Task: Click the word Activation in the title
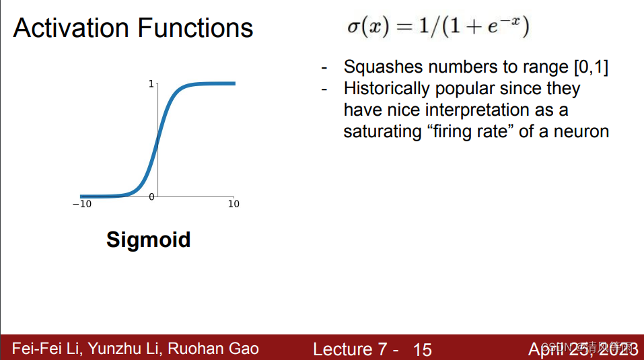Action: click(x=70, y=28)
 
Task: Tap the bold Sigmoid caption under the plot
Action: click(x=148, y=240)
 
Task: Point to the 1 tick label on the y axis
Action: click(x=151, y=84)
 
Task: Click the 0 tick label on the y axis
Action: click(x=151, y=196)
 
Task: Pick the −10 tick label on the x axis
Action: click(x=81, y=205)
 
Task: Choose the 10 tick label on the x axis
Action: click(x=234, y=205)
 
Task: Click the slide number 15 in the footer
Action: click(x=423, y=349)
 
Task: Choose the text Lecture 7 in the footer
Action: click(x=350, y=349)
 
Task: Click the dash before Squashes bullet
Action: click(x=325, y=68)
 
